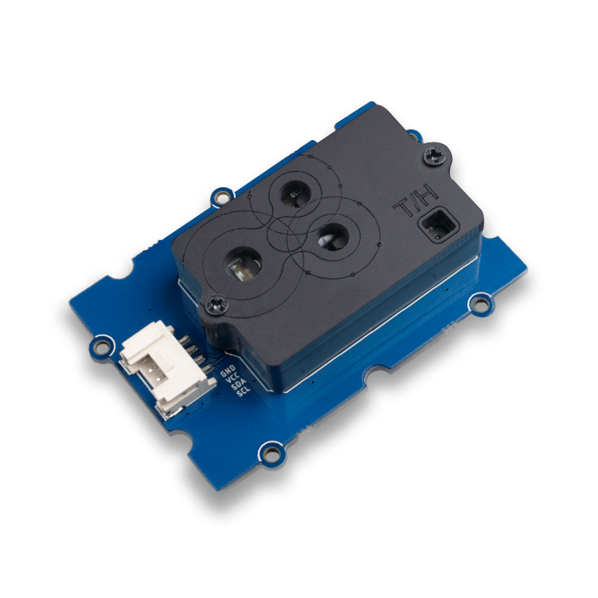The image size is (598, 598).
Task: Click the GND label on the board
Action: click(228, 371)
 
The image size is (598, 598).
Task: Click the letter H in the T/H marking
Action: click(429, 195)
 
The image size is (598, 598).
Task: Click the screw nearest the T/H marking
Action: click(435, 155)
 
